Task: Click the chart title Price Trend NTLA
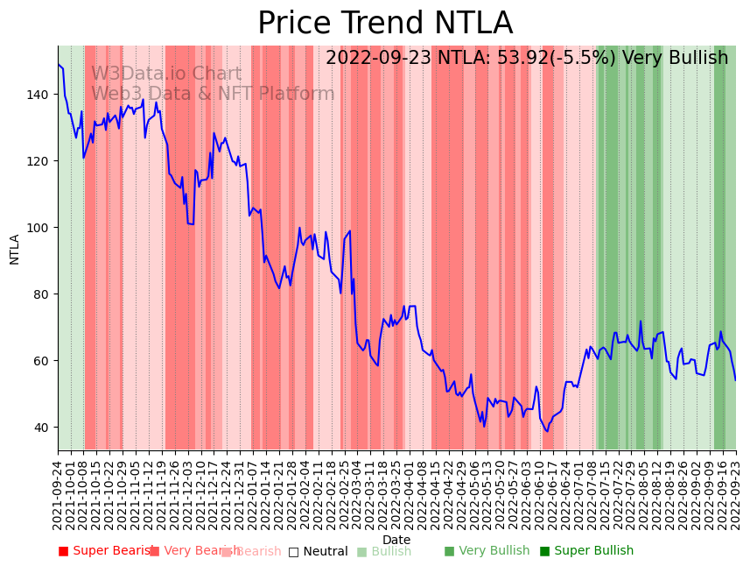tap(385, 24)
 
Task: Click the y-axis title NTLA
tap(15, 249)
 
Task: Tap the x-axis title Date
tap(396, 541)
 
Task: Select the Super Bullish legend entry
tap(586, 551)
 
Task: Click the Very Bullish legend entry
tap(487, 551)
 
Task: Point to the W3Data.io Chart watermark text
tap(166, 74)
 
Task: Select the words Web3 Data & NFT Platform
tap(213, 94)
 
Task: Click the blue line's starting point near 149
tap(59, 64)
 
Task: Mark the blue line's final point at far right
tap(735, 380)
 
